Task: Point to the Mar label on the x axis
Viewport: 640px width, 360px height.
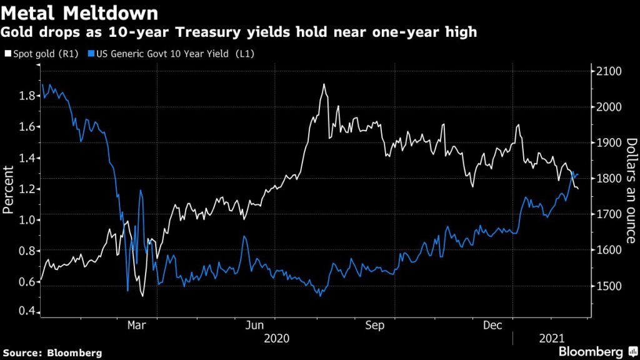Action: (x=136, y=326)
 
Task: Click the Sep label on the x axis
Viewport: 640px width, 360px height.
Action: (x=374, y=326)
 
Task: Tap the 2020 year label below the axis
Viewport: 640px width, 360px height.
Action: (x=277, y=339)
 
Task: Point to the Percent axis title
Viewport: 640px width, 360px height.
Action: (x=9, y=190)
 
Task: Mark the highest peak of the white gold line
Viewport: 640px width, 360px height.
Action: (x=324, y=84)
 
